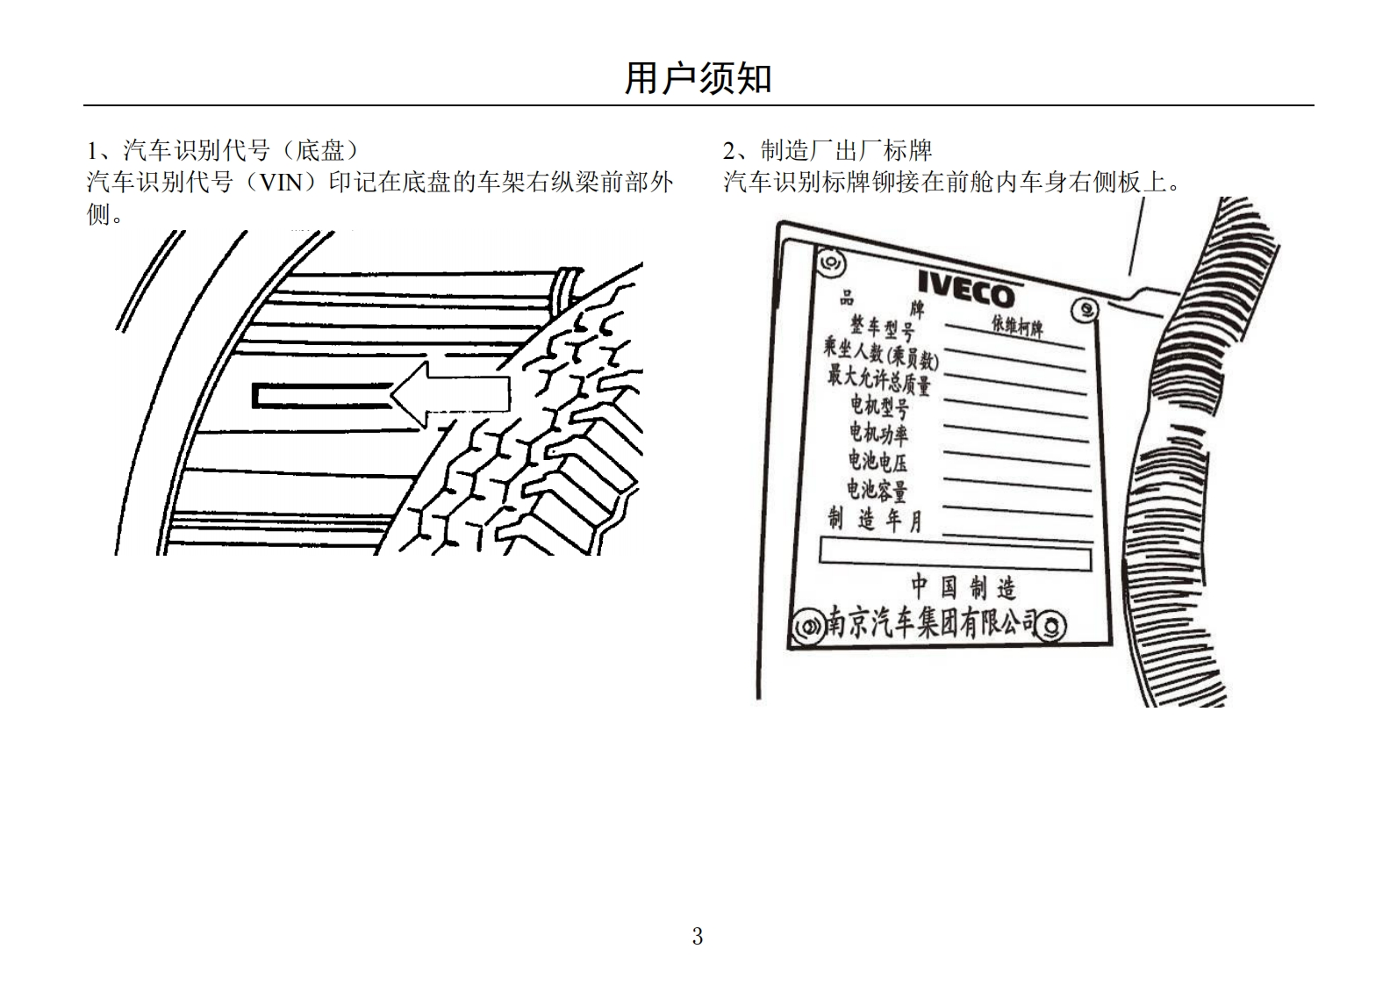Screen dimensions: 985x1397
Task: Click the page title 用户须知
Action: (698, 78)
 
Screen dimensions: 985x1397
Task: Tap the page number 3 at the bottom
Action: (698, 937)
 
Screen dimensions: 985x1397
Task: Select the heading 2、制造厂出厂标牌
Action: (827, 150)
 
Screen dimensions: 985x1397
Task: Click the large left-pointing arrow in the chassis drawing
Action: (450, 395)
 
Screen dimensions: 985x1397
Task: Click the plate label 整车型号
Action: (881, 327)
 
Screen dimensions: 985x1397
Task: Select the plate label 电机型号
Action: (879, 405)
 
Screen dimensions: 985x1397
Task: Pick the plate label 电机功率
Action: (878, 432)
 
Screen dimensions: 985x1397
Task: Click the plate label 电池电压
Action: (878, 460)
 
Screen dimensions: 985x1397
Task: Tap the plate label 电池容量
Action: (877, 488)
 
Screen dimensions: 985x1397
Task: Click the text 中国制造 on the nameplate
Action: (963, 586)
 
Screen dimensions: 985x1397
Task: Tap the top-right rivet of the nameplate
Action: (1085, 310)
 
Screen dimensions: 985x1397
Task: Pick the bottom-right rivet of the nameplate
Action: (1052, 627)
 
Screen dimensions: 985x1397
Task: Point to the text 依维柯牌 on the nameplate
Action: (1018, 327)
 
